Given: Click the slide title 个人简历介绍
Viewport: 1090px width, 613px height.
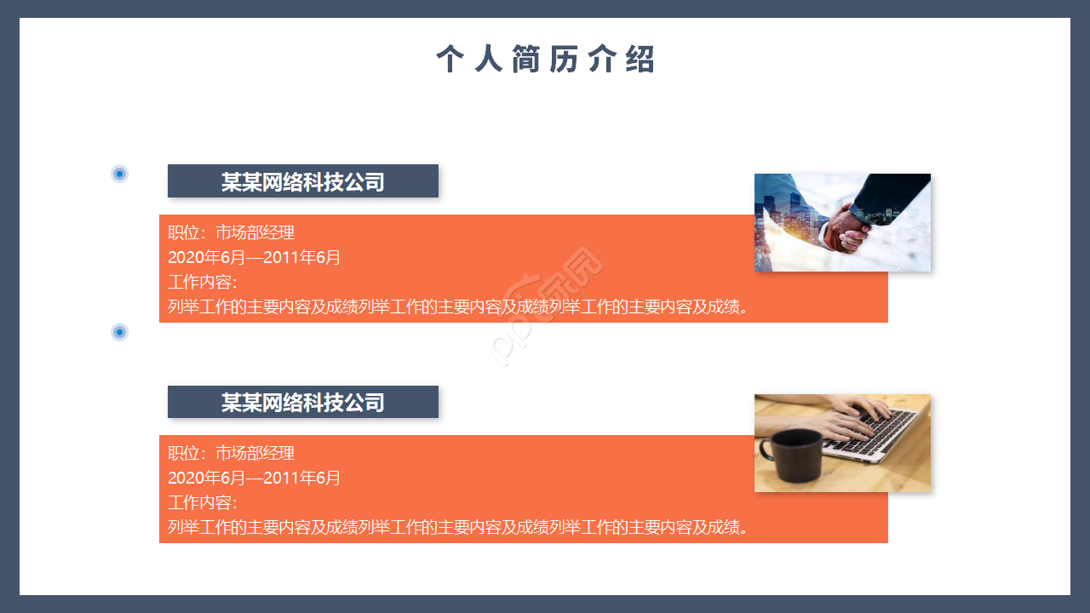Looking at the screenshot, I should click(x=546, y=60).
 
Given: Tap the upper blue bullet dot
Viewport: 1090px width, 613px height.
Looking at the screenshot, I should click(x=120, y=174).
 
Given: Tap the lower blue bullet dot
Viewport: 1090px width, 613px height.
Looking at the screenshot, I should click(x=120, y=331).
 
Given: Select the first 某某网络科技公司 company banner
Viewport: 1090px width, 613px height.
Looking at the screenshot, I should click(x=303, y=181).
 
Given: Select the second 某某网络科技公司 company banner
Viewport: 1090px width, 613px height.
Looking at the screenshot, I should click(x=303, y=402).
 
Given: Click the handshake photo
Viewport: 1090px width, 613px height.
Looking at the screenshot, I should click(x=842, y=222).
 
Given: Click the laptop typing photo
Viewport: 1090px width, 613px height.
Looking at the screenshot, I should click(x=842, y=443).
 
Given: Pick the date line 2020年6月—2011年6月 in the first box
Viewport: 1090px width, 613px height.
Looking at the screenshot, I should click(x=254, y=257).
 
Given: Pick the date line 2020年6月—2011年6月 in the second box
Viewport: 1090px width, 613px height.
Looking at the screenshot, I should click(x=254, y=478).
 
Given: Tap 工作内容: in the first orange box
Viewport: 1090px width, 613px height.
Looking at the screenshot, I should click(x=202, y=282).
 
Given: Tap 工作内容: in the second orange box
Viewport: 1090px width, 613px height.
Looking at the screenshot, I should click(x=202, y=502).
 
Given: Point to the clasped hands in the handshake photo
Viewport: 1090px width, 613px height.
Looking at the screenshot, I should click(x=846, y=226).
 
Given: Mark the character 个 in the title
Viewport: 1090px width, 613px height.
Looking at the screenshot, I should click(x=450, y=60).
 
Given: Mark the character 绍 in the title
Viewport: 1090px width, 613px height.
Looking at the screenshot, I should click(x=640, y=60).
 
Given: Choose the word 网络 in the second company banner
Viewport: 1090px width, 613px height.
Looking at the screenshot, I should click(x=283, y=402).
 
